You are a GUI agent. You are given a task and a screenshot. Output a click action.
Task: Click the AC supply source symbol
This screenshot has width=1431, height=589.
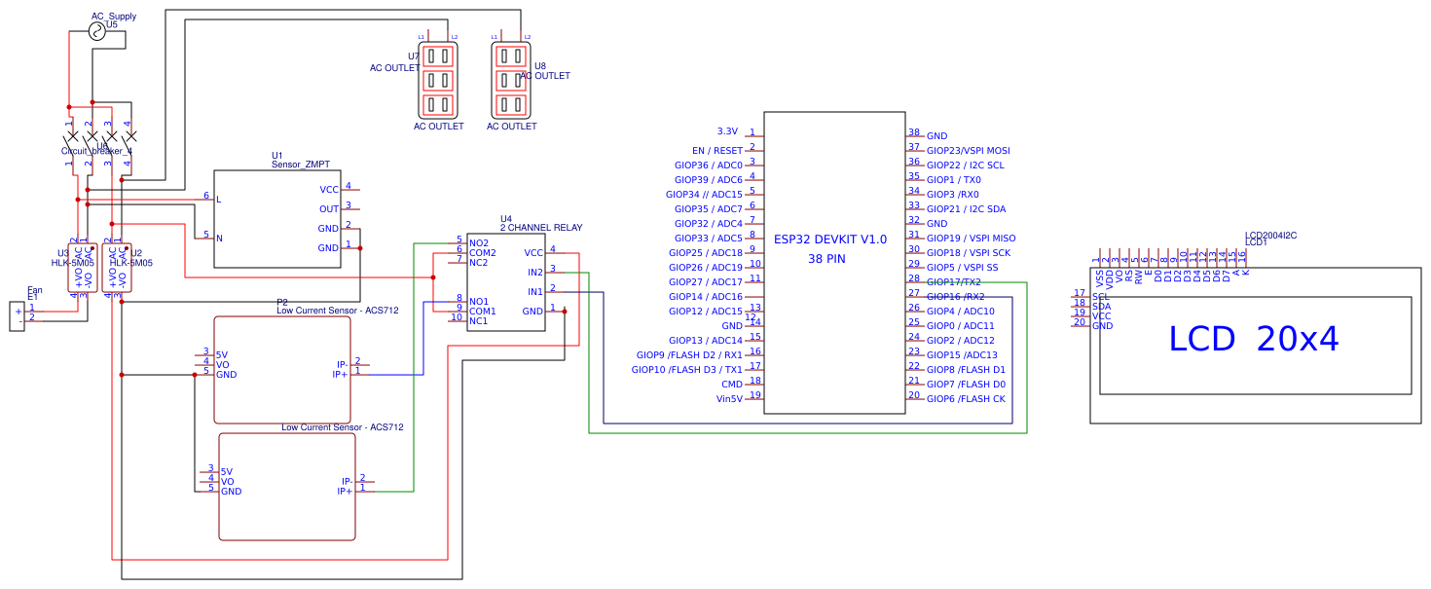coord(97,32)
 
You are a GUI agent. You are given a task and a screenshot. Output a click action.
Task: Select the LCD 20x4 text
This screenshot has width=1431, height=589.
coord(1253,339)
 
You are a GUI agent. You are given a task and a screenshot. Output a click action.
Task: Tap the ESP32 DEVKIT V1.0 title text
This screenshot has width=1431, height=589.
coord(829,239)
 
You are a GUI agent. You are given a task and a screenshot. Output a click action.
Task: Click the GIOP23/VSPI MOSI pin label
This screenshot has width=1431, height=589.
coord(968,151)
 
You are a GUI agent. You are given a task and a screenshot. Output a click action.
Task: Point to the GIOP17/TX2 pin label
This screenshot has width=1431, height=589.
coord(953,282)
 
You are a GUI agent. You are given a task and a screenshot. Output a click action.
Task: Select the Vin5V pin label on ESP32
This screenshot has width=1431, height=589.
coord(729,398)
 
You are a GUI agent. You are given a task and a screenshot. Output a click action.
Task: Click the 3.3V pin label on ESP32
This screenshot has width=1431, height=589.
coord(727,131)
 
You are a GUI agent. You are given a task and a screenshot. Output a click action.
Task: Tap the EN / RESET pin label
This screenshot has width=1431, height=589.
coord(717,151)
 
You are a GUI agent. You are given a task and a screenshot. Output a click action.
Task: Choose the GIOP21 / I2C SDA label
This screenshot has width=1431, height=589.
coord(966,209)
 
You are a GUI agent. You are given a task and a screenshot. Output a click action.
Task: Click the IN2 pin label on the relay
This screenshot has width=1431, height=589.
coord(534,273)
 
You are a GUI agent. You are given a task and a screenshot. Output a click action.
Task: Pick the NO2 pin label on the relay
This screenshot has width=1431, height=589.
coord(479,242)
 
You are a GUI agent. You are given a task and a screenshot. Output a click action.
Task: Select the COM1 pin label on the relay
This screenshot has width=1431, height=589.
coord(483,312)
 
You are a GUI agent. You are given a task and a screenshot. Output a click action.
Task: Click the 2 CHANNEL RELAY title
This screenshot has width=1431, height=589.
coord(541,228)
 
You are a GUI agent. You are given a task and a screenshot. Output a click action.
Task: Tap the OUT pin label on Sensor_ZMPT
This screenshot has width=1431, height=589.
coord(329,209)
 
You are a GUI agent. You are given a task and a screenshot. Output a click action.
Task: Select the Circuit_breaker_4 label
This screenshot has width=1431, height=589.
coord(96,151)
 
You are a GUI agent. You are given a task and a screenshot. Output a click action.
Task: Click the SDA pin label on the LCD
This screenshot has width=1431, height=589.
coord(1101,307)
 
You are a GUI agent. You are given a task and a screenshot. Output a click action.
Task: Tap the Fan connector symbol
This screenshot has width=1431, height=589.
coord(18,316)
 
